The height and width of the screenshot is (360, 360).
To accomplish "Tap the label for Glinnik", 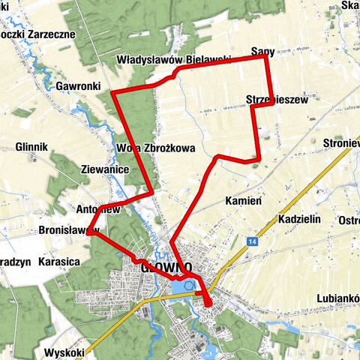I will coord(31,147).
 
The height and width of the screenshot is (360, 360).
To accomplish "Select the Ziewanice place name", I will coord(104,171).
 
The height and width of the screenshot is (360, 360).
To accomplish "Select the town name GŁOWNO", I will coord(166,267).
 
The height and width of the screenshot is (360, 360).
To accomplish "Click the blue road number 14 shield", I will coord(253,241).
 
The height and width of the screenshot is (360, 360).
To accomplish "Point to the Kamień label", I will coord(242,201).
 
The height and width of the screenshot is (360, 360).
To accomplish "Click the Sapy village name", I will coord(263,51).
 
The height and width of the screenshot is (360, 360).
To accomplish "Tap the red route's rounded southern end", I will coord(208,304).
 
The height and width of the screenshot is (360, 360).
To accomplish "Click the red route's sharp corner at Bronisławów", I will coord(88,234).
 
